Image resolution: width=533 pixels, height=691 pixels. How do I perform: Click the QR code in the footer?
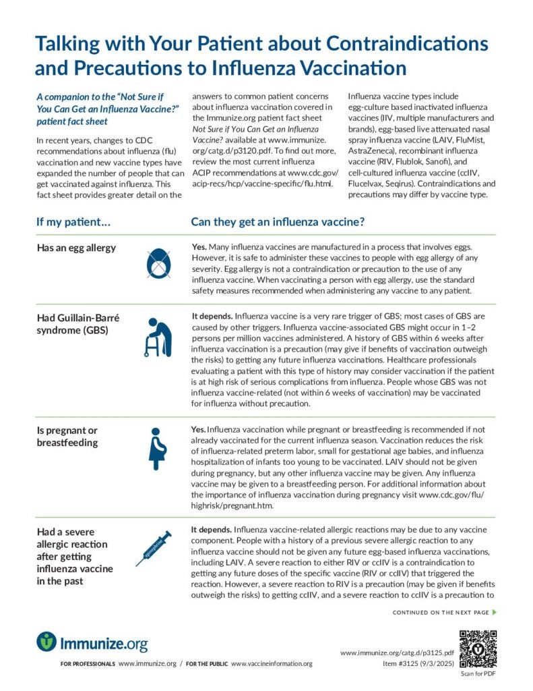point(478,648)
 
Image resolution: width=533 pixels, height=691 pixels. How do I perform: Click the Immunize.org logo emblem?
point(46,641)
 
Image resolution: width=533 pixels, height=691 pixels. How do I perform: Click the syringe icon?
point(154,547)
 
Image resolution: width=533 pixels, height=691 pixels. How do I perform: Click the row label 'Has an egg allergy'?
point(76,248)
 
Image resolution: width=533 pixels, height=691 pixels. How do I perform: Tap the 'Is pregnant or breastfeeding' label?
point(67,437)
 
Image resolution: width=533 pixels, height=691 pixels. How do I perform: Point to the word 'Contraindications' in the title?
point(407,45)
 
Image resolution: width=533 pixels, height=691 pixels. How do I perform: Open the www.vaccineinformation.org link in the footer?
point(272,664)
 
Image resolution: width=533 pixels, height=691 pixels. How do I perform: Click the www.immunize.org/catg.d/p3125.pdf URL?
point(397,653)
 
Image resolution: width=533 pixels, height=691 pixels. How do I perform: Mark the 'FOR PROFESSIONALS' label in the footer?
point(88,664)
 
